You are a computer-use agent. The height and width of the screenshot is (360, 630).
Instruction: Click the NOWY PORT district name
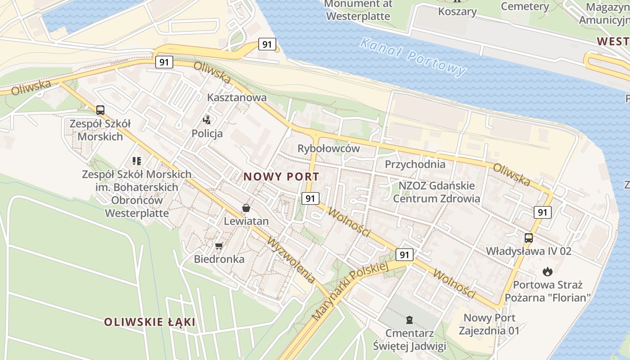coord(281,177)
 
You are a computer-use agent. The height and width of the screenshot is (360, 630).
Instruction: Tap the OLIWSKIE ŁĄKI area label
coord(150,322)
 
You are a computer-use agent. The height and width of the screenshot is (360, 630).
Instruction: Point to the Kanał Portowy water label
coord(413,57)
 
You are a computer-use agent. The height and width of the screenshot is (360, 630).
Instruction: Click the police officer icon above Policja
coord(207,120)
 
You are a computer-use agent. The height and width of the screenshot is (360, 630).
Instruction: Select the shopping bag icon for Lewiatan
coord(246,208)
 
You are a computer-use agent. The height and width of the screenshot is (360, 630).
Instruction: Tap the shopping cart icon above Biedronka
coord(219,246)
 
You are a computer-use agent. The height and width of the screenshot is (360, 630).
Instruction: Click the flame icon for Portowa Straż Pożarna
coord(547,271)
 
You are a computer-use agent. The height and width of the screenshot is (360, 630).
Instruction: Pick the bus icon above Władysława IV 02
coord(529,238)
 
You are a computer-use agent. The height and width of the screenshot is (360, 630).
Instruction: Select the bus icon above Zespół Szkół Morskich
coord(100,110)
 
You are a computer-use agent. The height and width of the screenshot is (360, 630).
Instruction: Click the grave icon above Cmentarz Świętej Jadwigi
coord(409,320)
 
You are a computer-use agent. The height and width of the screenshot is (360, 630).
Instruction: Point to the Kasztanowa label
coord(237,97)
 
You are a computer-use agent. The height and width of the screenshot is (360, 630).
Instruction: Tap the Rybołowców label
coord(328,148)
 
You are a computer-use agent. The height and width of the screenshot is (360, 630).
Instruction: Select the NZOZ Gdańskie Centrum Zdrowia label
coord(436,192)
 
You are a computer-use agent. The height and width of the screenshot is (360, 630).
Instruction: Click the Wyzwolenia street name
coord(291,260)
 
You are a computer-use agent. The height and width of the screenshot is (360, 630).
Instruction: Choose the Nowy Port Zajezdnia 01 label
coord(489,324)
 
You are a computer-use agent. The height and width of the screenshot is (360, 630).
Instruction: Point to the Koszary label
coord(457,12)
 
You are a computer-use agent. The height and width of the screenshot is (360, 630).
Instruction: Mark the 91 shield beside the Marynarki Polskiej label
coord(405,255)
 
